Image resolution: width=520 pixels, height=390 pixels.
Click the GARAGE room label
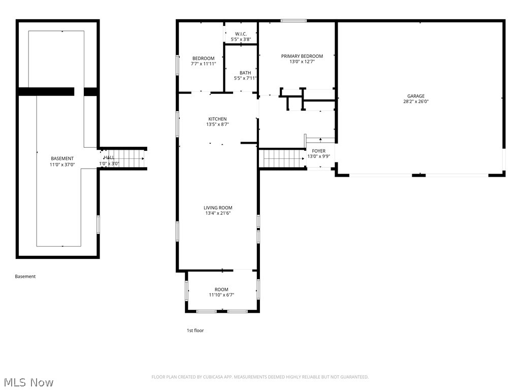415,96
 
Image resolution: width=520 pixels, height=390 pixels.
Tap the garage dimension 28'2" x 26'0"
415,102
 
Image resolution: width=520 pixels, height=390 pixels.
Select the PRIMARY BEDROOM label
302,56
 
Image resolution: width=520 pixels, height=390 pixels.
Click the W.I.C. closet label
241,34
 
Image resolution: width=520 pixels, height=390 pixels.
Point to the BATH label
245,73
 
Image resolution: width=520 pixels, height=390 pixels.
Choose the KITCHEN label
217,119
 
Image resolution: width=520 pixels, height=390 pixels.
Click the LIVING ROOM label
218,208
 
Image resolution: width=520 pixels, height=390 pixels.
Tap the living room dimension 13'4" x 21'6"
218,213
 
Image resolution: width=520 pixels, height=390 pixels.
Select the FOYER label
318,151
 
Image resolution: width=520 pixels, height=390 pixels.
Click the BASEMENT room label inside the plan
62,158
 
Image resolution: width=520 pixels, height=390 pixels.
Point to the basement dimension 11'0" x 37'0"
62,164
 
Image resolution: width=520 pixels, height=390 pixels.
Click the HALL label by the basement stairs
109,158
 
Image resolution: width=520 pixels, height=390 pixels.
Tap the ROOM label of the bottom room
221,289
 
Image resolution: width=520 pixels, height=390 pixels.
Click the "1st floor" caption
195,331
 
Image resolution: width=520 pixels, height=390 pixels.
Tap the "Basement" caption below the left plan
25,277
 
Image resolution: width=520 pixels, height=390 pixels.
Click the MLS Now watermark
28,382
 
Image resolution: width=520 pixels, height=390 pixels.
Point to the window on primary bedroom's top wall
294,21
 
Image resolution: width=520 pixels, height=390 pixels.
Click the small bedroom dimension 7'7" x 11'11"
203,64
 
